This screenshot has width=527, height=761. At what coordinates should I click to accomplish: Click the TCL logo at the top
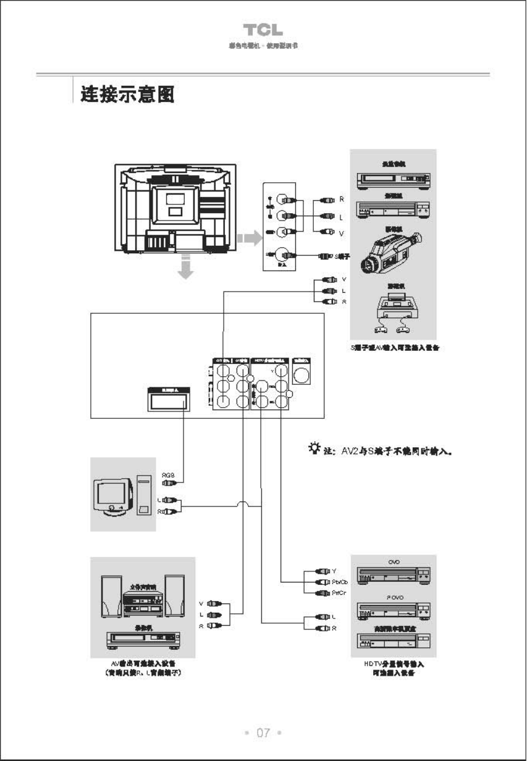(263, 30)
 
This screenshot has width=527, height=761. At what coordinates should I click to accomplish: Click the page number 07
(264, 733)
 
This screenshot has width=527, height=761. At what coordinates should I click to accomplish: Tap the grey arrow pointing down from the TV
(185, 267)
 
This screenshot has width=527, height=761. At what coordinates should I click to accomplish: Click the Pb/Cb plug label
(340, 582)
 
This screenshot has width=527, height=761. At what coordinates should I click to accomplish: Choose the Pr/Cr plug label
(339, 594)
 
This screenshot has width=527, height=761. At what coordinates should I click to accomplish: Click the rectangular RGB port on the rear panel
(167, 400)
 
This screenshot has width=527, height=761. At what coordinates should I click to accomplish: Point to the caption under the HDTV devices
(393, 668)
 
